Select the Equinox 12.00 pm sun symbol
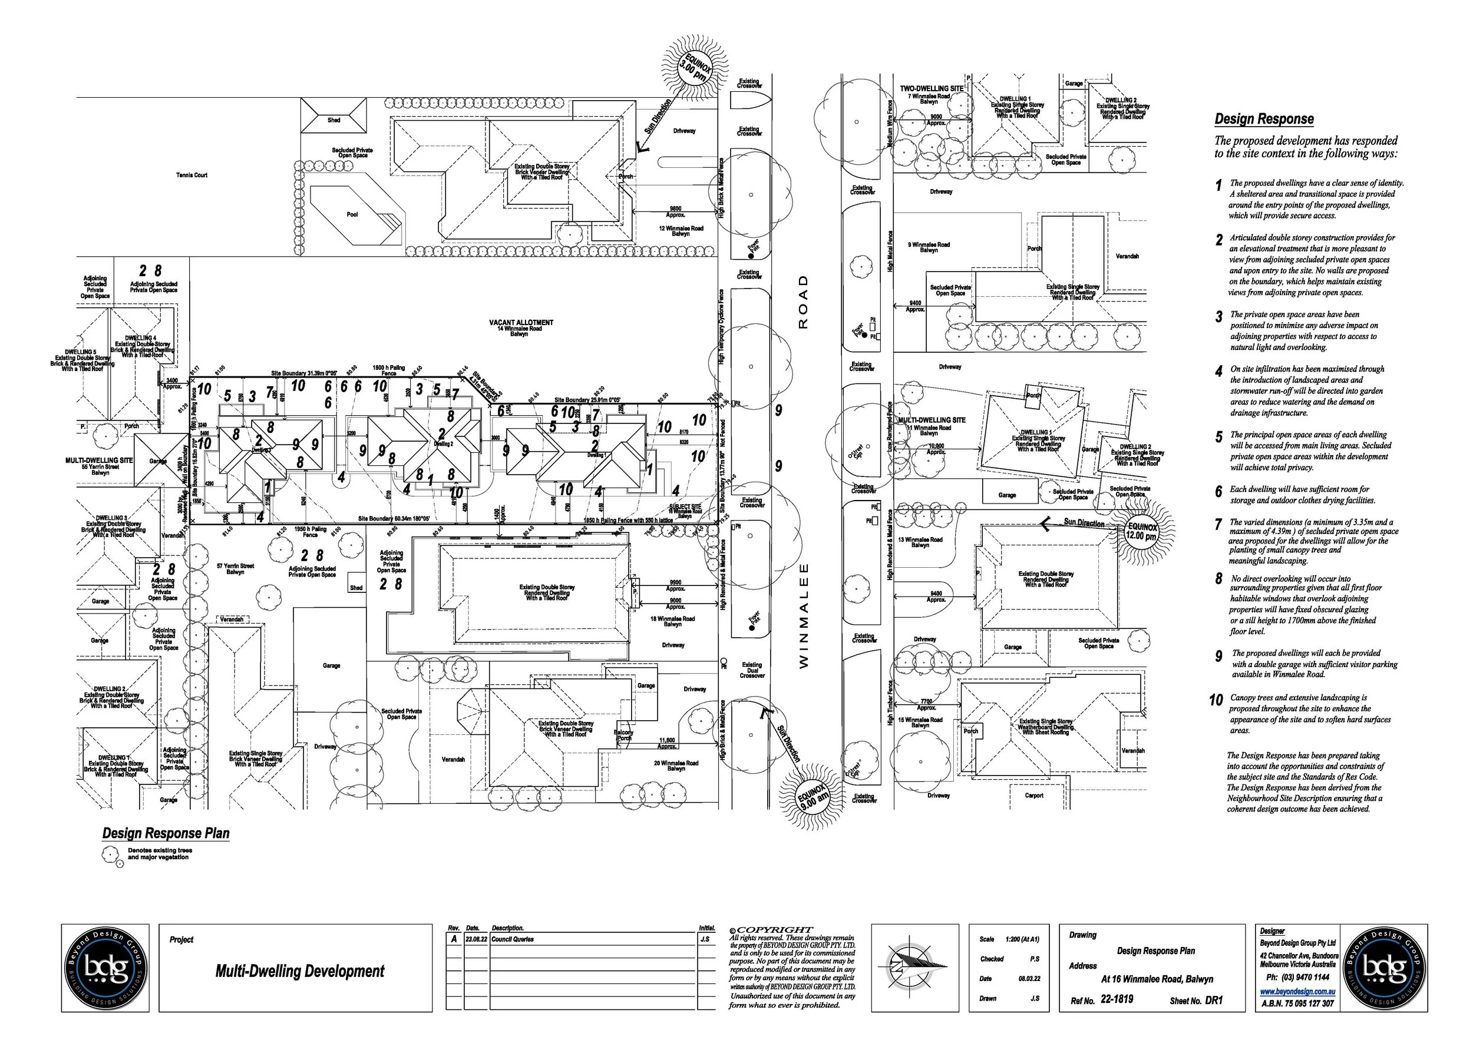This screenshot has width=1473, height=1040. pyautogui.click(x=1142, y=532)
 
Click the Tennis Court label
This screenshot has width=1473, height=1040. pyautogui.click(x=192, y=175)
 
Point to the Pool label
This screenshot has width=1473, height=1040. pyautogui.click(x=352, y=215)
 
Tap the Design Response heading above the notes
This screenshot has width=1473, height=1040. pyautogui.click(x=1264, y=120)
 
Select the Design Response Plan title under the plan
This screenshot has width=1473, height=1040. pyautogui.click(x=166, y=833)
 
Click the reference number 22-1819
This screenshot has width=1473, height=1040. pyautogui.click(x=1117, y=999)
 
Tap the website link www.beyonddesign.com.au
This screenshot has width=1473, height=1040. pyautogui.click(x=1298, y=991)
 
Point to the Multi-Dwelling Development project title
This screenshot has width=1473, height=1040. pyautogui.click(x=299, y=972)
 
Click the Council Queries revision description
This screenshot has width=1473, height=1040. pyautogui.click(x=513, y=939)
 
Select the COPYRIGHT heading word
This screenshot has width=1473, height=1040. pyautogui.click(x=774, y=930)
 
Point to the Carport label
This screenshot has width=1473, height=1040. pyautogui.click(x=1034, y=796)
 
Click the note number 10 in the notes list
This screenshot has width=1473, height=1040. pyautogui.click(x=1216, y=700)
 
